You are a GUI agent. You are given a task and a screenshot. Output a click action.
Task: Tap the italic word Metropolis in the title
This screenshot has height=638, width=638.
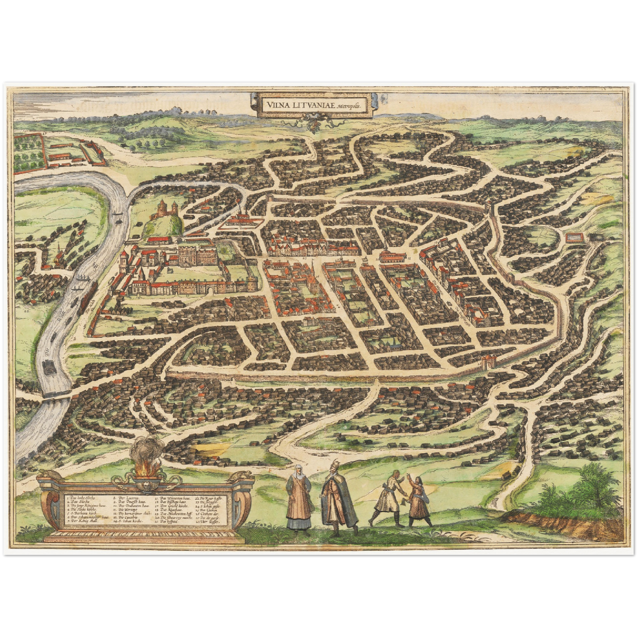coord(348,106)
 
